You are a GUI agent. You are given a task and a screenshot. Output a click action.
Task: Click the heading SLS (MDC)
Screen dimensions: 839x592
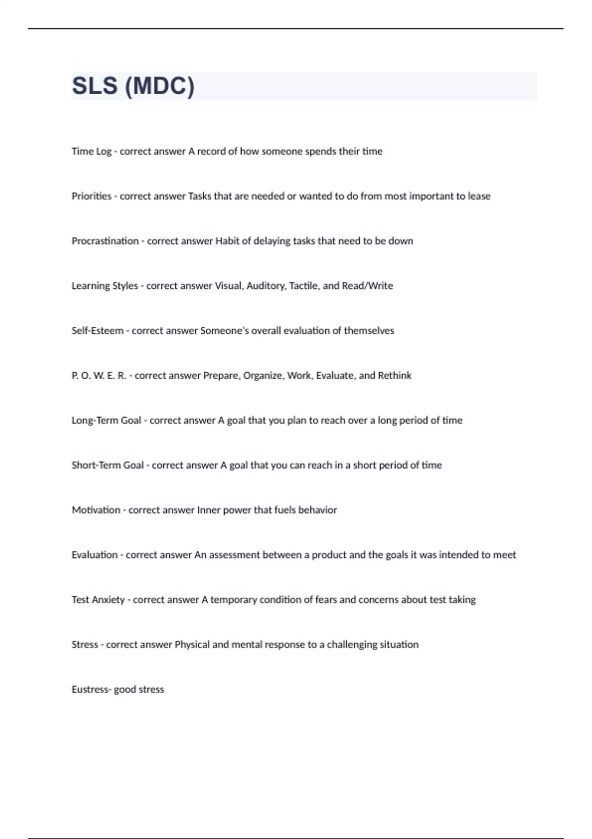(x=133, y=86)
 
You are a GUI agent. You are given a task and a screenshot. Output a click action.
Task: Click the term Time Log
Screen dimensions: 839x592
(x=92, y=152)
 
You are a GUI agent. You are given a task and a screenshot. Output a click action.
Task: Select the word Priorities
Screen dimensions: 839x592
(x=92, y=196)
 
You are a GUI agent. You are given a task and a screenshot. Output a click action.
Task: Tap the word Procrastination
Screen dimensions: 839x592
(x=105, y=241)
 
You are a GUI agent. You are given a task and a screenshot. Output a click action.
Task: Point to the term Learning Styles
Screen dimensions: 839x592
(x=105, y=286)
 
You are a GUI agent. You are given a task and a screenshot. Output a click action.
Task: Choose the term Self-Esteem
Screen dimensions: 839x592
(x=98, y=331)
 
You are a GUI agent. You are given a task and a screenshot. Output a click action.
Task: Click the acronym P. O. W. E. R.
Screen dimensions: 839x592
(x=99, y=376)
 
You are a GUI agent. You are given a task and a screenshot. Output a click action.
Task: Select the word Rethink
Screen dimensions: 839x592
(x=395, y=376)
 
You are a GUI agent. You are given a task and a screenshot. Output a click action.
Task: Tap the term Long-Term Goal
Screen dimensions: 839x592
(x=107, y=420)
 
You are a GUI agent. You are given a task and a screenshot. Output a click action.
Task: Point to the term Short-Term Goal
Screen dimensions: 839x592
(x=108, y=465)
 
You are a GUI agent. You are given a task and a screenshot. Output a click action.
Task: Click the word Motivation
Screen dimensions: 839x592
(x=96, y=510)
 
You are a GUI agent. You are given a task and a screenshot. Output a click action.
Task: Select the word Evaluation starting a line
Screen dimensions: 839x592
(x=94, y=555)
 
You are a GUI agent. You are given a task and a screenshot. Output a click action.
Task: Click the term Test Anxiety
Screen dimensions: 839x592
(x=98, y=600)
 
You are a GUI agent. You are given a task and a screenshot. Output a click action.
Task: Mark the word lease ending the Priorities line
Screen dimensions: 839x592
(x=479, y=196)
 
